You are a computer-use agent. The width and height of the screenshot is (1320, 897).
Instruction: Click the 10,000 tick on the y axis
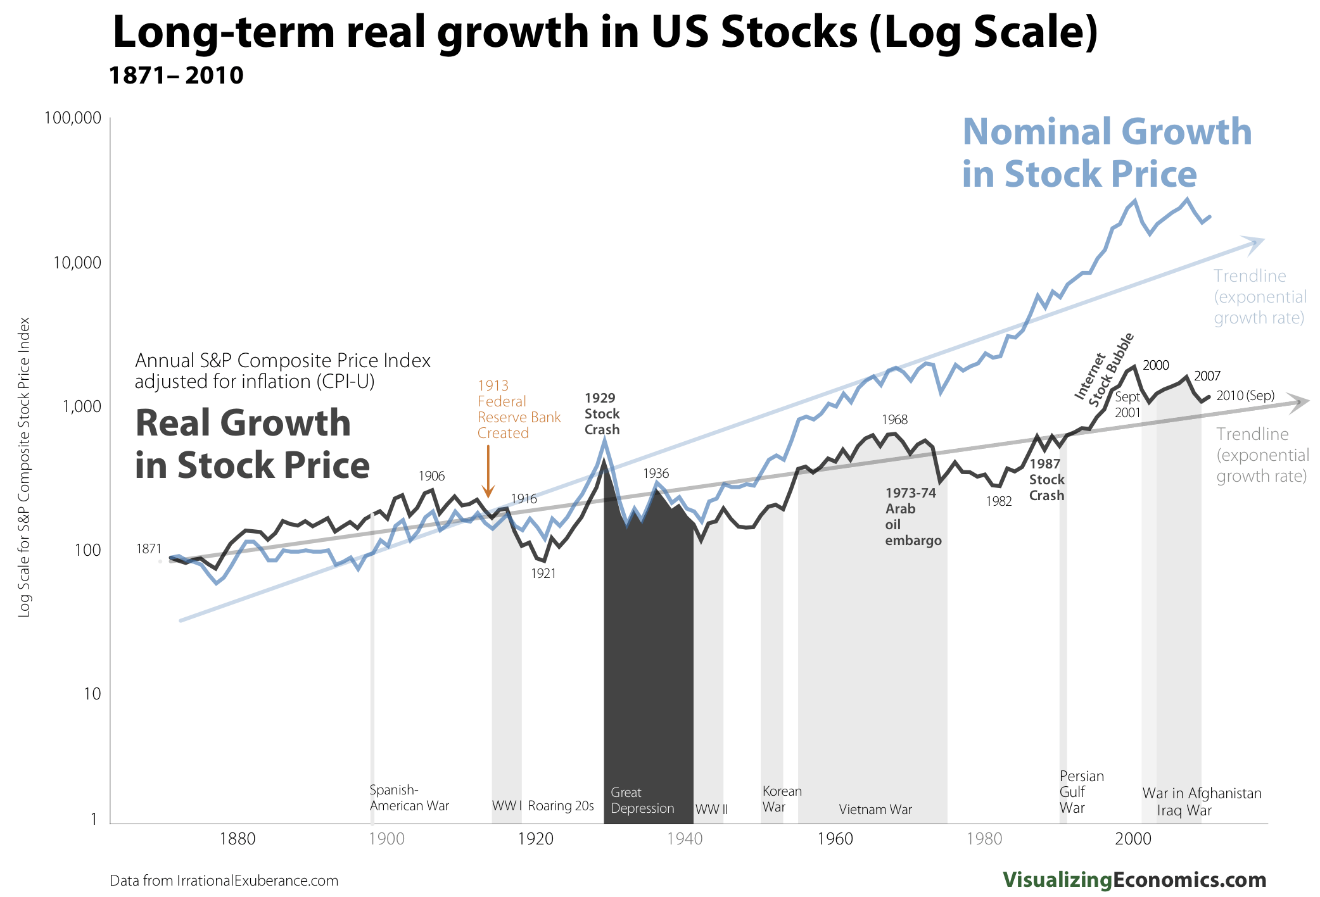tap(77, 263)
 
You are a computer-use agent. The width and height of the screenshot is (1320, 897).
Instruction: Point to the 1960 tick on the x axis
tap(835, 839)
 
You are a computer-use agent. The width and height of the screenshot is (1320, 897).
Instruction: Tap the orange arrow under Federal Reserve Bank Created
tap(488, 472)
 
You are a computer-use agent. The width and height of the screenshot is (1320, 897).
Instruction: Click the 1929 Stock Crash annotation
tap(601, 414)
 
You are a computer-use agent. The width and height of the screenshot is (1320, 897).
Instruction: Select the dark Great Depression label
tap(642, 801)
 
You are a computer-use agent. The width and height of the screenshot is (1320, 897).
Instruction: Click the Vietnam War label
tap(875, 810)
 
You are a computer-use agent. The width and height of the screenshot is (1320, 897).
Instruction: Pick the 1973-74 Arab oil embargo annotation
tap(913, 517)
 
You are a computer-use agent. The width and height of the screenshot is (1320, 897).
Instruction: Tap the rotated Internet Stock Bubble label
tap(1103, 370)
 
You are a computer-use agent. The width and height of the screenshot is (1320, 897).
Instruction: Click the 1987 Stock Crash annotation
tap(1046, 480)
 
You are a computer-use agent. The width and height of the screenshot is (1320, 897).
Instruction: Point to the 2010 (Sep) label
tap(1245, 396)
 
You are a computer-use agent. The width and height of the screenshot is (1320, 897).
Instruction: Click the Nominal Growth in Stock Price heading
tap(1106, 153)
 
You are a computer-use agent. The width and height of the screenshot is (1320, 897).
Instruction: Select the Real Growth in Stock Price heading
tap(251, 444)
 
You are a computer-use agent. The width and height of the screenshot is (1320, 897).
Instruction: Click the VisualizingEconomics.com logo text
tap(1134, 880)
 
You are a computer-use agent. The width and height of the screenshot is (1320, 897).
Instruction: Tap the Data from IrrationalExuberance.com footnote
tap(224, 881)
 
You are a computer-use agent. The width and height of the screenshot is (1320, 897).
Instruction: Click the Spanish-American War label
tap(409, 798)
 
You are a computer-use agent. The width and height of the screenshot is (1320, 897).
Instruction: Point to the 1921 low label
tap(543, 574)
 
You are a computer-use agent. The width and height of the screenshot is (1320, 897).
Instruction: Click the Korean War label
tap(781, 799)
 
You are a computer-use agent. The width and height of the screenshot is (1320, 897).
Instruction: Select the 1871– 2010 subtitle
tap(176, 75)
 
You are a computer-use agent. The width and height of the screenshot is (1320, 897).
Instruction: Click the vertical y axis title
tap(24, 467)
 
